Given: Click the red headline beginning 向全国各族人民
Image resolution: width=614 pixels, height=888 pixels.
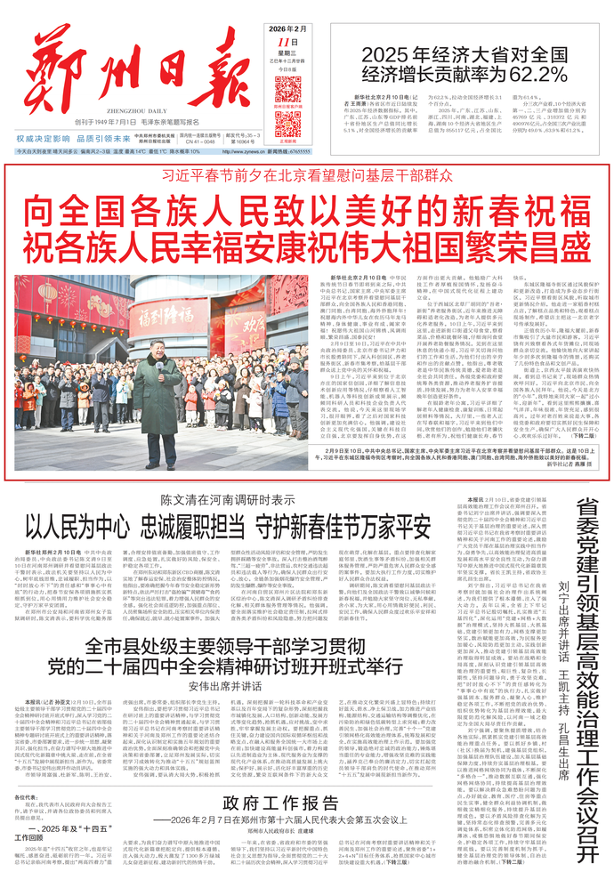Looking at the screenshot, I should coord(305,212).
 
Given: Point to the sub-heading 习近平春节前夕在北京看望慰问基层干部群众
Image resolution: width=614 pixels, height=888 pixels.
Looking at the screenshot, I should coord(305,177).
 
